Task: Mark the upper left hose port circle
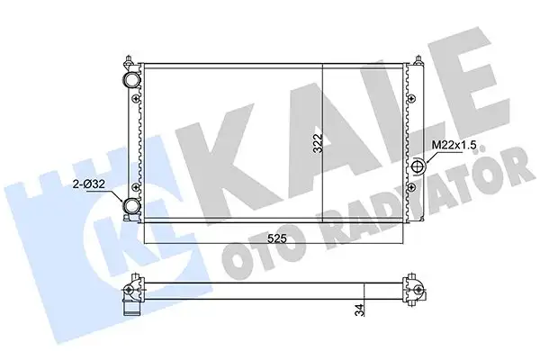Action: point(132,79)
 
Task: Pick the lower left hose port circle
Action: point(132,209)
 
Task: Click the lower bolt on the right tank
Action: point(411,186)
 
